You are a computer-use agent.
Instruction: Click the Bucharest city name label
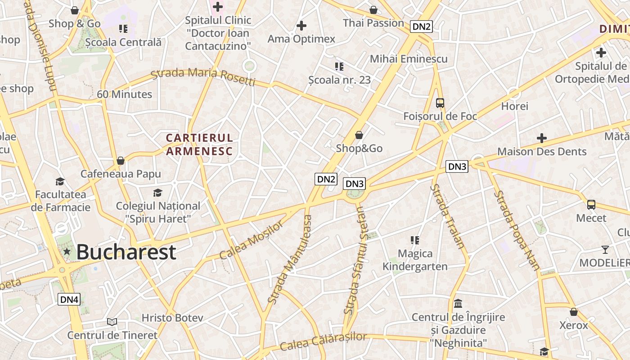click(126, 252)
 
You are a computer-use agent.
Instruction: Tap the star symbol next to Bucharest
click(67, 252)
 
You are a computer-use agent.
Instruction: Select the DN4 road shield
click(69, 299)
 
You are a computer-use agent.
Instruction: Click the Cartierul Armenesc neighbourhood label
click(199, 144)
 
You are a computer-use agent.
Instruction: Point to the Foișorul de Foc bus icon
click(440, 103)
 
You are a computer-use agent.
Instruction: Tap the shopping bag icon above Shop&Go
click(359, 135)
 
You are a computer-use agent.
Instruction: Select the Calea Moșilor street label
click(252, 240)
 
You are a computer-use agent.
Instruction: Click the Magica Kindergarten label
click(415, 260)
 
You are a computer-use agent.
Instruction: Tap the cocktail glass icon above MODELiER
click(605, 249)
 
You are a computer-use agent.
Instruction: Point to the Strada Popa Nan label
click(517, 230)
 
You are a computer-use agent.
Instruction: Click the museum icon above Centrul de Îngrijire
click(458, 303)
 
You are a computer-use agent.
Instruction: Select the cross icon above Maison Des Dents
click(542, 138)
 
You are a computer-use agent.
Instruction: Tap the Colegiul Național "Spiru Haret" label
click(158, 212)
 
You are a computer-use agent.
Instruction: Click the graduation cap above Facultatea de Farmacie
click(60, 181)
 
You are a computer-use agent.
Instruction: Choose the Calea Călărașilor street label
click(323, 341)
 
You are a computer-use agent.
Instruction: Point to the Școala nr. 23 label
click(340, 80)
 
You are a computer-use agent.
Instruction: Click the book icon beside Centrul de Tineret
click(112, 322)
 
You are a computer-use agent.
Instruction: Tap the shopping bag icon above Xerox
click(574, 312)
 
